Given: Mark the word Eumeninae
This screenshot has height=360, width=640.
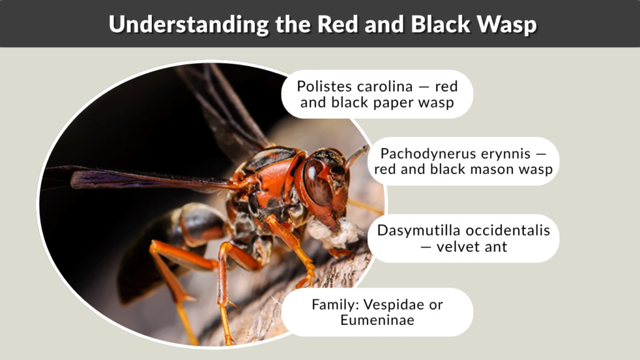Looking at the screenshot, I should (377, 321).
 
